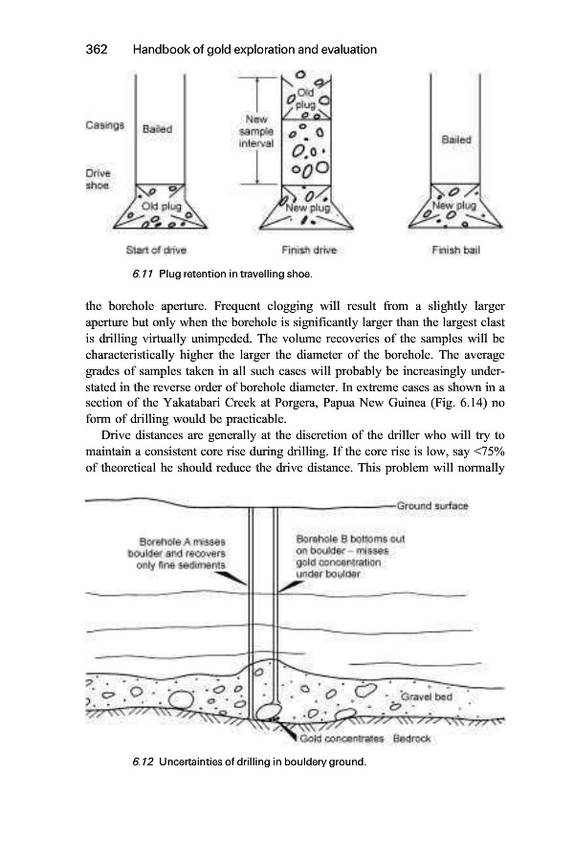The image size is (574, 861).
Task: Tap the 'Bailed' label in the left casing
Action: [x=157, y=127]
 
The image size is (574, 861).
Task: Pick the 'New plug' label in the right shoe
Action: [x=454, y=206]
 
